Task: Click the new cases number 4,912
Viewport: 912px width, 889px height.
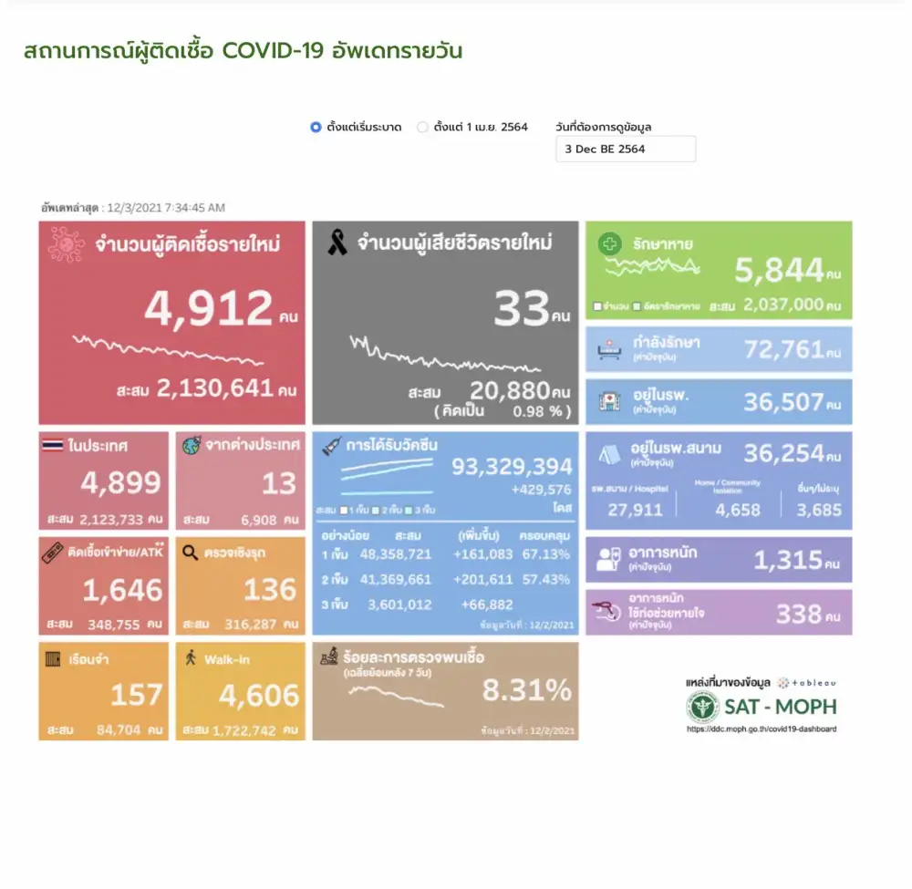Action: click(x=207, y=308)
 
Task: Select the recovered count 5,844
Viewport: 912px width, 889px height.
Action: click(x=778, y=270)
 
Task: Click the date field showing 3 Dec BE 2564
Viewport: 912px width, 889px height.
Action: click(x=625, y=149)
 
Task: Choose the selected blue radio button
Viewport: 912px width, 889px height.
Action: click(x=316, y=128)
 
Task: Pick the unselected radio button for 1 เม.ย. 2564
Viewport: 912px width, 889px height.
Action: click(x=422, y=128)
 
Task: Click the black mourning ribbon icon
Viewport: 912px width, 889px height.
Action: click(x=337, y=243)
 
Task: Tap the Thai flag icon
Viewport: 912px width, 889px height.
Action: click(x=53, y=446)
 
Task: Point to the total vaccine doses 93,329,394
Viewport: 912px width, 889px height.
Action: click(x=512, y=467)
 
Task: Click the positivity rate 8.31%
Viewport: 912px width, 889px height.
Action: click(x=527, y=690)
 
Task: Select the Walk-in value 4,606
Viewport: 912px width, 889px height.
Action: click(x=258, y=696)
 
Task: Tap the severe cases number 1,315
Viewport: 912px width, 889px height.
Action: click(x=788, y=560)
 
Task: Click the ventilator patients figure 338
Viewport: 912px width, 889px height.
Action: click(x=798, y=613)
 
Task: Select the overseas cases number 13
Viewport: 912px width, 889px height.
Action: click(x=279, y=482)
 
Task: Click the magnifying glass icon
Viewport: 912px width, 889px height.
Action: click(x=190, y=552)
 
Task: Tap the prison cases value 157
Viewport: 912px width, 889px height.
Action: click(x=136, y=696)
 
